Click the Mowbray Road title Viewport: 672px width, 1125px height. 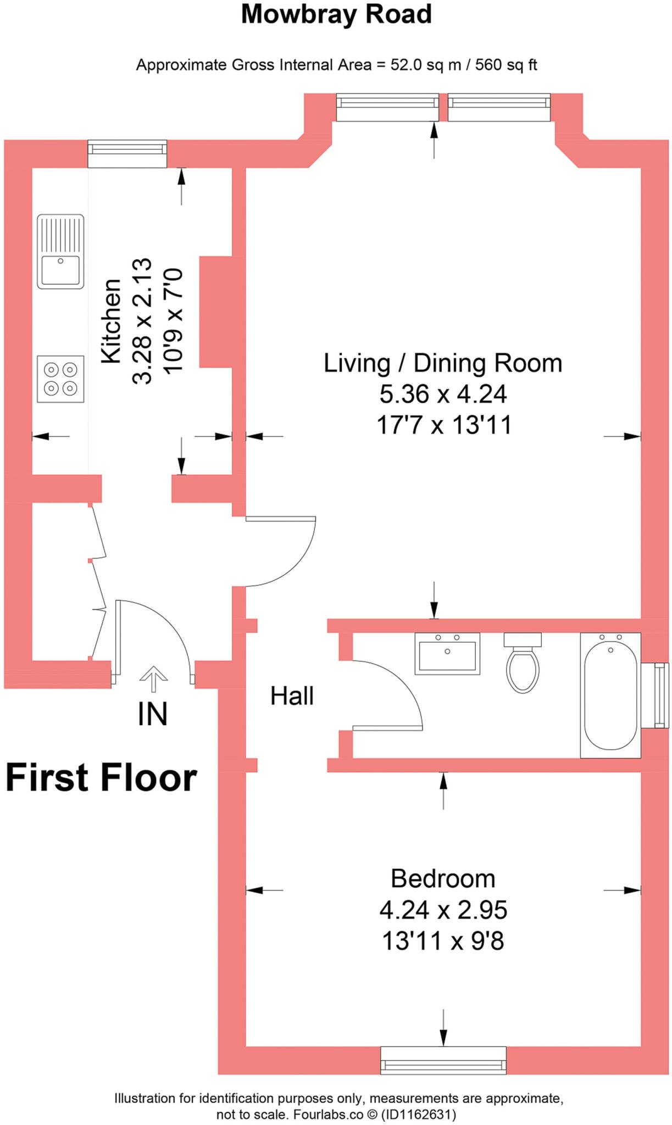pyautogui.click(x=336, y=15)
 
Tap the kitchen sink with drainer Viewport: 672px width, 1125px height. pyautogui.click(x=60, y=251)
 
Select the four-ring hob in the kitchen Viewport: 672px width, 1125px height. pyautogui.click(x=60, y=379)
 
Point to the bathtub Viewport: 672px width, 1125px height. pyautogui.click(x=610, y=695)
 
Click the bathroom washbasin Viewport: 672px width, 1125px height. pyautogui.click(x=447, y=653)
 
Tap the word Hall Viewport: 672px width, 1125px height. pyautogui.click(x=292, y=696)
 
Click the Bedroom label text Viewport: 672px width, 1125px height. pyautogui.click(x=443, y=878)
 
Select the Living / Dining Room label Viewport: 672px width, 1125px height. pyautogui.click(x=443, y=363)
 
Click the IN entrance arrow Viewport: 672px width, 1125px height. pyautogui.click(x=153, y=679)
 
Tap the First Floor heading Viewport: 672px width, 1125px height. pyautogui.click(x=101, y=778)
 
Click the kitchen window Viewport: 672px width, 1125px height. pyautogui.click(x=127, y=153)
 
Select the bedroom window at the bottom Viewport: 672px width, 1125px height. pyautogui.click(x=443, y=1060)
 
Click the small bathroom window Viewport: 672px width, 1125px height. pyautogui.click(x=661, y=695)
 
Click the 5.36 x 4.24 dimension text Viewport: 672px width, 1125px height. pyautogui.click(x=443, y=394)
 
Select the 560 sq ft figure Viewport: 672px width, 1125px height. pyautogui.click(x=506, y=65)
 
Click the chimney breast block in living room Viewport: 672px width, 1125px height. pyautogui.click(x=216, y=311)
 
